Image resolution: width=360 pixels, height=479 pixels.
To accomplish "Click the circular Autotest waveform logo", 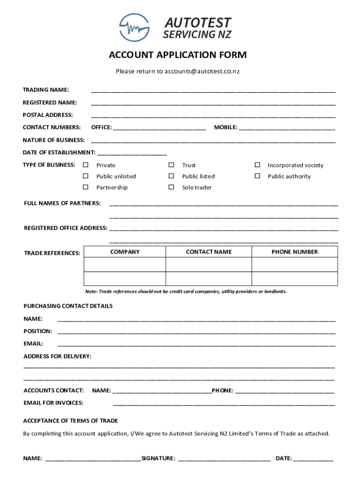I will click(x=134, y=28).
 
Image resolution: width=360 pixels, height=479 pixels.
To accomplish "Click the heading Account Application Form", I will click(x=178, y=56).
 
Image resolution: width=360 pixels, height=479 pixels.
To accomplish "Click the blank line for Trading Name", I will click(x=213, y=90).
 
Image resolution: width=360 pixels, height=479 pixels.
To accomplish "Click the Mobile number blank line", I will click(x=287, y=128).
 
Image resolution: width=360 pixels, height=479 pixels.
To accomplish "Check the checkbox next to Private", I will click(x=86, y=165).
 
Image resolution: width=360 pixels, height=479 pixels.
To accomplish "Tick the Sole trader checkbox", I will click(x=171, y=187).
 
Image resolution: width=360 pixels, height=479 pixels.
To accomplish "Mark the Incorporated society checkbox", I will click(x=257, y=165).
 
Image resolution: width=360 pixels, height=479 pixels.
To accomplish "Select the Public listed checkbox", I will click(x=171, y=176).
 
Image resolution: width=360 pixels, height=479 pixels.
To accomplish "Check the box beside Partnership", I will click(x=86, y=187).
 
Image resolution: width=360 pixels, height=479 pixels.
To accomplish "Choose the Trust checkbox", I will click(x=171, y=165).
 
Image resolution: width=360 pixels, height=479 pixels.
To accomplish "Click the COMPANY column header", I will click(x=125, y=252).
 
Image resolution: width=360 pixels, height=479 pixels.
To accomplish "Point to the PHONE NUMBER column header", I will click(x=295, y=252).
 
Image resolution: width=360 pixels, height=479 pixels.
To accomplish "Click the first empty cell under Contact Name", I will click(x=209, y=265).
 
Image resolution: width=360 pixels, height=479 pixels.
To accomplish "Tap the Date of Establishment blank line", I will click(x=132, y=153).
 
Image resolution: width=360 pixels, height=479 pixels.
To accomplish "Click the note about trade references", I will click(x=186, y=291).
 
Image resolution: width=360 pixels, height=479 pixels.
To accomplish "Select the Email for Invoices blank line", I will click(x=224, y=403).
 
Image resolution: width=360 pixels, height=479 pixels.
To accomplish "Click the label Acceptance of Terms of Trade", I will click(x=71, y=421).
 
